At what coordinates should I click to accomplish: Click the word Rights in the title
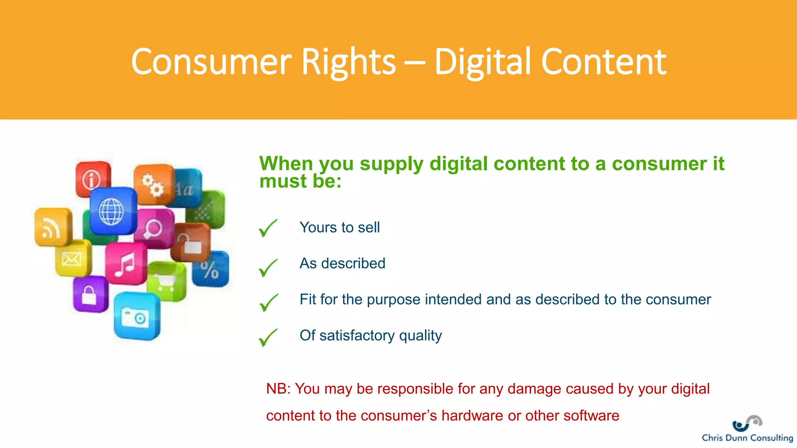pos(348,62)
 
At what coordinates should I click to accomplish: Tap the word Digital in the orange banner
pos(483,62)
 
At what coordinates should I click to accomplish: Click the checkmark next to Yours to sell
pos(268,228)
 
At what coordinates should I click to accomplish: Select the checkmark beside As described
pos(268,268)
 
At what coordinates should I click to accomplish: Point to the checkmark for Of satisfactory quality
pos(268,337)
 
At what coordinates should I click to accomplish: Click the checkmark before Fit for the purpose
pos(269,303)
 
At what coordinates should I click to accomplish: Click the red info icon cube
pos(93,179)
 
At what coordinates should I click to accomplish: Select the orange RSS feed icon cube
pos(53,228)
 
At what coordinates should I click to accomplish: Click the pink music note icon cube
pos(125,264)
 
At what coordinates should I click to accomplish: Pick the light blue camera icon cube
pos(136,316)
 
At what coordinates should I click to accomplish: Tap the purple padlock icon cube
pos(90,294)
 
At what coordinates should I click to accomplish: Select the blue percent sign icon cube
pos(211,269)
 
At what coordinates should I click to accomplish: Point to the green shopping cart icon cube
pos(167,281)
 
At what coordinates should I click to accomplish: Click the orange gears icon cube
pos(153,184)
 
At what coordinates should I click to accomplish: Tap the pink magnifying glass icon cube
pos(153,229)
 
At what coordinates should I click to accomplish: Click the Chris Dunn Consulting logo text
pos(747,437)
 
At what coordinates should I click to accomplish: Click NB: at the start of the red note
pos(278,389)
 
